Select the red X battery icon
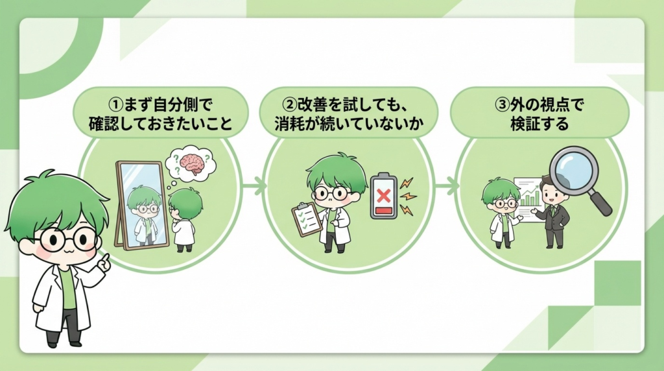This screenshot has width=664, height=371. [x=383, y=195]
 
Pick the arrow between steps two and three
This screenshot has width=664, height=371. [x=447, y=188]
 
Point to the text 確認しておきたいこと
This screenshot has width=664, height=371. [x=160, y=123]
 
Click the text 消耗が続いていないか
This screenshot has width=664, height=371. [x=345, y=123]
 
